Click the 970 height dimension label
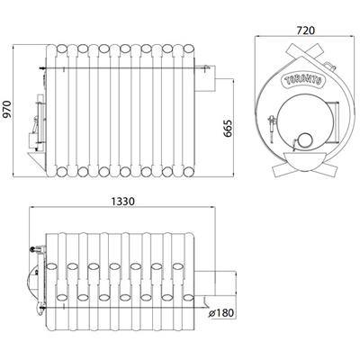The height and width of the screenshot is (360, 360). point(7,110)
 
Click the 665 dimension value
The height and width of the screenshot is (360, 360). point(229,129)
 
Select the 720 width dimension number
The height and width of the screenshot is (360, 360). point(306,31)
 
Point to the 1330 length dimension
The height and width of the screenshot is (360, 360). point(123,202)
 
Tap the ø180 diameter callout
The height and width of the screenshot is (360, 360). point(221,313)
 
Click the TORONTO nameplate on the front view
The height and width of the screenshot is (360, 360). point(303,80)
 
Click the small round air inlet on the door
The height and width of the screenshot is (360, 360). point(305,140)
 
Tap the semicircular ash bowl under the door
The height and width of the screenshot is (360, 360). point(305,161)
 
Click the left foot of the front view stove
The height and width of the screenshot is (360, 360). point(281,170)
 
